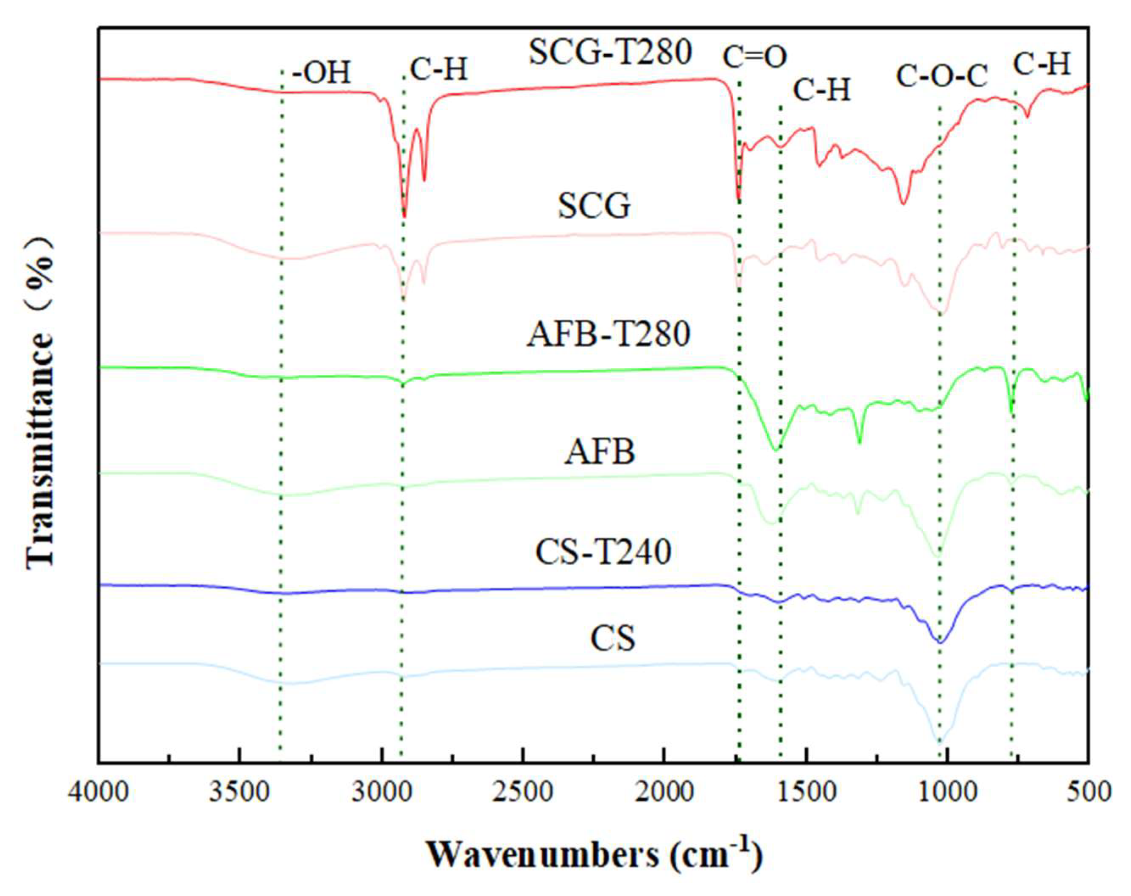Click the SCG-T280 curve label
(x=611, y=53)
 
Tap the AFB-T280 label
(x=609, y=334)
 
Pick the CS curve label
(x=613, y=639)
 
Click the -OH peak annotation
(x=321, y=73)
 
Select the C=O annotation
(x=755, y=57)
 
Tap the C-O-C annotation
(x=941, y=76)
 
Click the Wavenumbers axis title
(x=595, y=855)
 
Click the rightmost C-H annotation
(x=1041, y=65)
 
